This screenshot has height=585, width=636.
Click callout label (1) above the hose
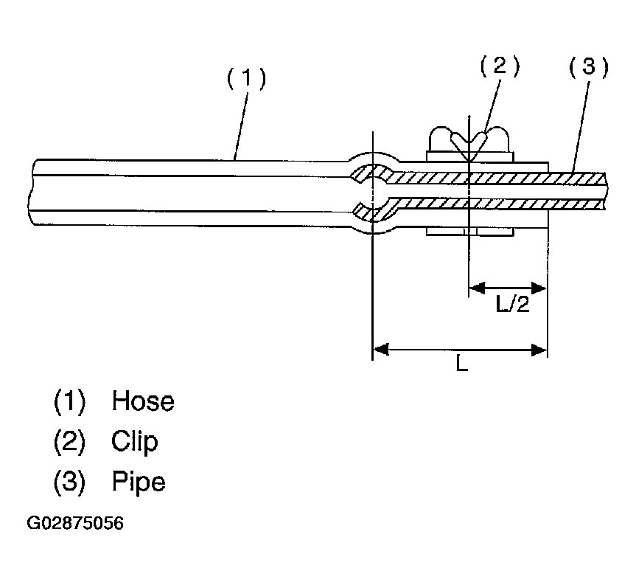(245, 78)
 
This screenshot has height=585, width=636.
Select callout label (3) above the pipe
(589, 68)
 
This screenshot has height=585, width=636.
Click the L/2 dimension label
(513, 304)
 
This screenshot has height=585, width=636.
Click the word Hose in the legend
(143, 401)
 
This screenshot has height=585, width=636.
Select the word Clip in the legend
(135, 442)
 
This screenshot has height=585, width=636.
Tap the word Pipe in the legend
(139, 482)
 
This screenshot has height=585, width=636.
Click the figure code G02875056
(75, 524)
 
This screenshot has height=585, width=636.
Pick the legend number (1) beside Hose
(70, 401)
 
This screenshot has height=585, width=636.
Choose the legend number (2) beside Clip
(70, 442)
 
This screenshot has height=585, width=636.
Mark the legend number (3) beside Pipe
(70, 482)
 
